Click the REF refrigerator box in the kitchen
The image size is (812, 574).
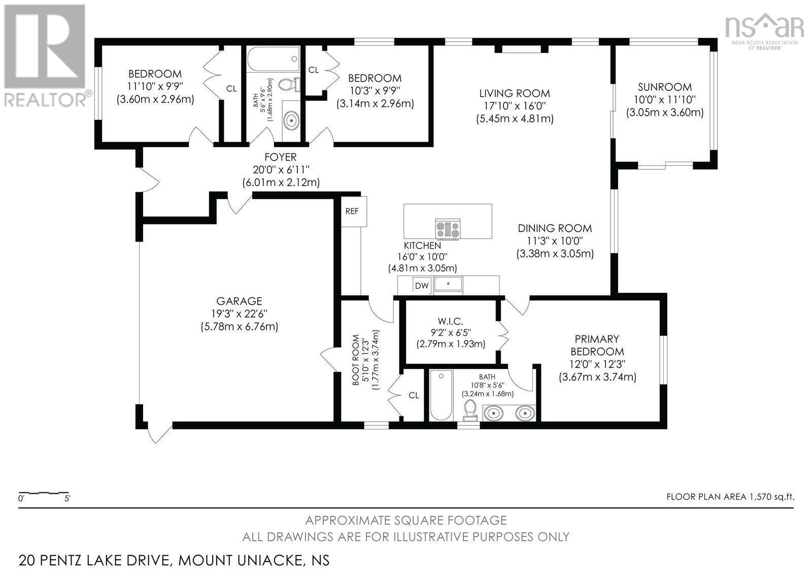(x=354, y=212)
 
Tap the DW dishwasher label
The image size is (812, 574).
(x=422, y=286)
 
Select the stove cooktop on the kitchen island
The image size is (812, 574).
(x=448, y=229)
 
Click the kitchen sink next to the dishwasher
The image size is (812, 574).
(x=449, y=284)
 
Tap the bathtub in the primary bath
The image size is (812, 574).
(x=441, y=395)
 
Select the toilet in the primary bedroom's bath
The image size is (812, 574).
(x=471, y=411)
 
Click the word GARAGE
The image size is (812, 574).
(x=239, y=301)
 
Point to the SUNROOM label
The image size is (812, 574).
(x=665, y=87)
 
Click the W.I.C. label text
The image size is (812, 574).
(x=451, y=321)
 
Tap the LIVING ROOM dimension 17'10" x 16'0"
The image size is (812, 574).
(x=515, y=106)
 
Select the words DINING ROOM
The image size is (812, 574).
(x=555, y=228)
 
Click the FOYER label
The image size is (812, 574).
(x=281, y=157)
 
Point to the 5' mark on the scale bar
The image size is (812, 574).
(x=67, y=498)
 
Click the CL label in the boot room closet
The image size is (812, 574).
(x=414, y=395)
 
